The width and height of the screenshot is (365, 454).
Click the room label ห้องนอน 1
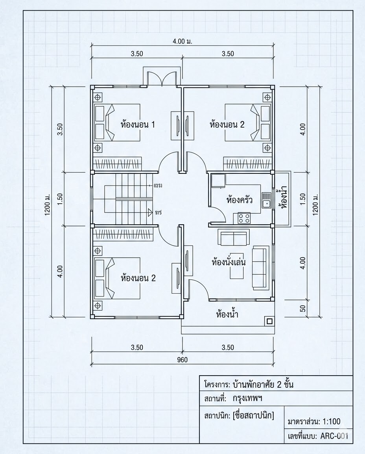point(137,125)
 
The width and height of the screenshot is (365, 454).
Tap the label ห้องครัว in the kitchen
point(239,200)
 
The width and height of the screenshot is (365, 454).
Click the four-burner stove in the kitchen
point(244,218)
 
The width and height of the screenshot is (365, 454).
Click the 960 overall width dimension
point(182,360)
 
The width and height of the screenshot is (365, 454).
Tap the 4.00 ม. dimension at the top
point(182,41)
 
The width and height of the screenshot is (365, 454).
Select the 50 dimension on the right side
point(303,308)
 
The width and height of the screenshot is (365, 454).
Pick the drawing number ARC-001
point(334,436)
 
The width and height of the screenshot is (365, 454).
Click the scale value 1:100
point(331,421)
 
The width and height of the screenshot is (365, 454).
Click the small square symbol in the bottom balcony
point(269,321)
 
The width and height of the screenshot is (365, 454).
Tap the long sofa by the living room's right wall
point(260,267)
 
